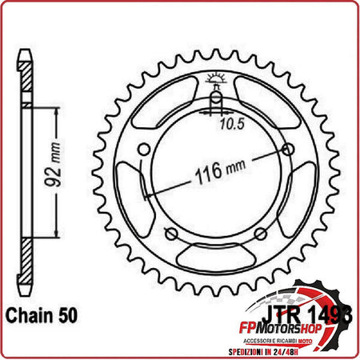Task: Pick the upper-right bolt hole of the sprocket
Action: [286, 149]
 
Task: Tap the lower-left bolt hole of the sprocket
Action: [170, 233]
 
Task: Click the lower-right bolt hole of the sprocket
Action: [258, 233]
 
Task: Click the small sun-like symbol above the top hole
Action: [214, 78]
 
